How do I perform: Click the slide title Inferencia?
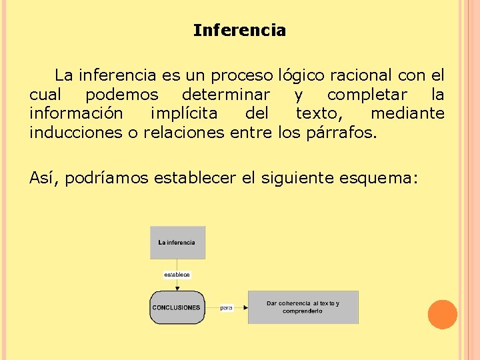tap(239, 31)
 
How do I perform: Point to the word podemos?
tap(122, 95)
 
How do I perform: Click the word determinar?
tap(226, 95)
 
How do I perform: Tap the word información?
tap(76, 113)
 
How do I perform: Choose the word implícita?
tap(192, 113)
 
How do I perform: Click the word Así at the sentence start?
tap(45, 178)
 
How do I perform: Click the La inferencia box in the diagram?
tap(177, 243)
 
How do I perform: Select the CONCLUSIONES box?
tap(177, 307)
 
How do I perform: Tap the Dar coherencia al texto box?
tap(303, 307)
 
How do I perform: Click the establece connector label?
tap(177, 274)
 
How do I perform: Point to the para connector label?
tap(227, 308)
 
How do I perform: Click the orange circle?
tap(442, 315)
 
